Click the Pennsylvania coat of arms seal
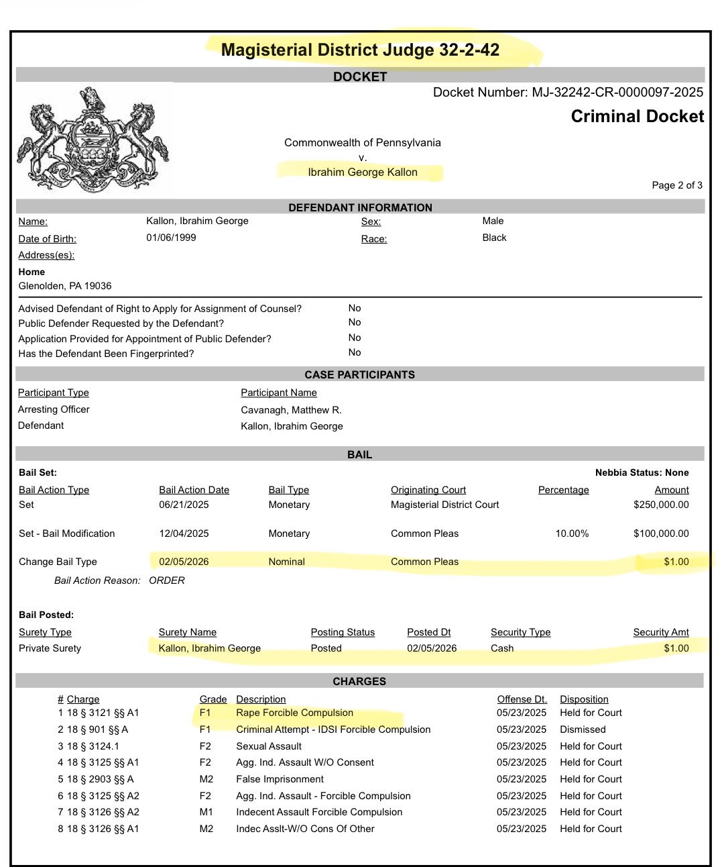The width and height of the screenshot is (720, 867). (93, 139)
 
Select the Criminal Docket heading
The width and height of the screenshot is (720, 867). (637, 117)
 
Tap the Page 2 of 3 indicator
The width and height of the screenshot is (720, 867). (677, 185)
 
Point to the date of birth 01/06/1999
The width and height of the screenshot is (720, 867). (171, 238)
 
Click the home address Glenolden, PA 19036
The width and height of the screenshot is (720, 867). (65, 286)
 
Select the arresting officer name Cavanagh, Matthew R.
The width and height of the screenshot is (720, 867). (291, 410)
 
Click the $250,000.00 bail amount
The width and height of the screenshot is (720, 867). (661, 505)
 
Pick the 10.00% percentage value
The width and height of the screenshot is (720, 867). (572, 533)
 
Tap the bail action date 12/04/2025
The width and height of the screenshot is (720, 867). (184, 533)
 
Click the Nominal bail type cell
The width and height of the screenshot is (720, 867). (286, 562)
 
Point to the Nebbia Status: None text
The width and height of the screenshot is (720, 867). (642, 472)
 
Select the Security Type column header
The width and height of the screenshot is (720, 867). (520, 632)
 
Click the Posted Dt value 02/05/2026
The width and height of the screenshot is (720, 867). (432, 648)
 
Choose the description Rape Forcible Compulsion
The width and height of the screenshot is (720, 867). (294, 713)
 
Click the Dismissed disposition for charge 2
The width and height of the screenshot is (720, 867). (583, 729)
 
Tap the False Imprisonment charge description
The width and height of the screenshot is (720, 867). (280, 779)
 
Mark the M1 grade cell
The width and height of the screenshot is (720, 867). (206, 812)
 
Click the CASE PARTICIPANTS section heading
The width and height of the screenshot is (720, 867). (359, 374)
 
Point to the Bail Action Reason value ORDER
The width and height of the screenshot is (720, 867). (167, 580)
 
